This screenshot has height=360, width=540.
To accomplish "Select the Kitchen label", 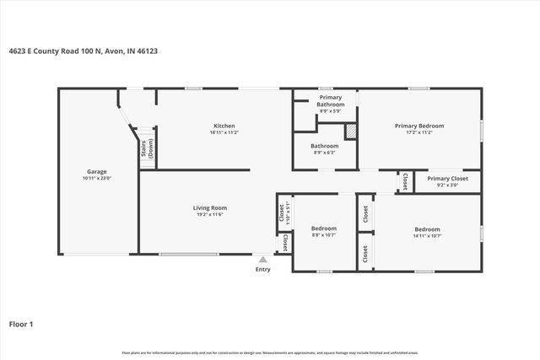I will point(224,126).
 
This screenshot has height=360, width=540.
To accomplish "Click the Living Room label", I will point(211,207).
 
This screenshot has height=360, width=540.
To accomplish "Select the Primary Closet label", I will point(447,178).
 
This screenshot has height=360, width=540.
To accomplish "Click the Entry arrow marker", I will point(263,260).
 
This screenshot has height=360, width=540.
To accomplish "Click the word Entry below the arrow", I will point(263,269).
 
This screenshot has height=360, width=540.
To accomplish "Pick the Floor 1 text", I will point(21,324).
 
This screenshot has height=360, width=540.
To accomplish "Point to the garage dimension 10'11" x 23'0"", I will point(97,178).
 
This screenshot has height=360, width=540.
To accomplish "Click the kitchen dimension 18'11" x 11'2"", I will point(224,132).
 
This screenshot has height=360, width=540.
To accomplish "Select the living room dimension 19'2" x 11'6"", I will point(211,214).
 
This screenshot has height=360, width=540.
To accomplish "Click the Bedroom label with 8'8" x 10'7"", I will point(324,228).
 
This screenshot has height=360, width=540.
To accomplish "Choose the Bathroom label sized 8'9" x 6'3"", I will point(325,145).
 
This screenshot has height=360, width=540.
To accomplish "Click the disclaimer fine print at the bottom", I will point(270,352).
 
